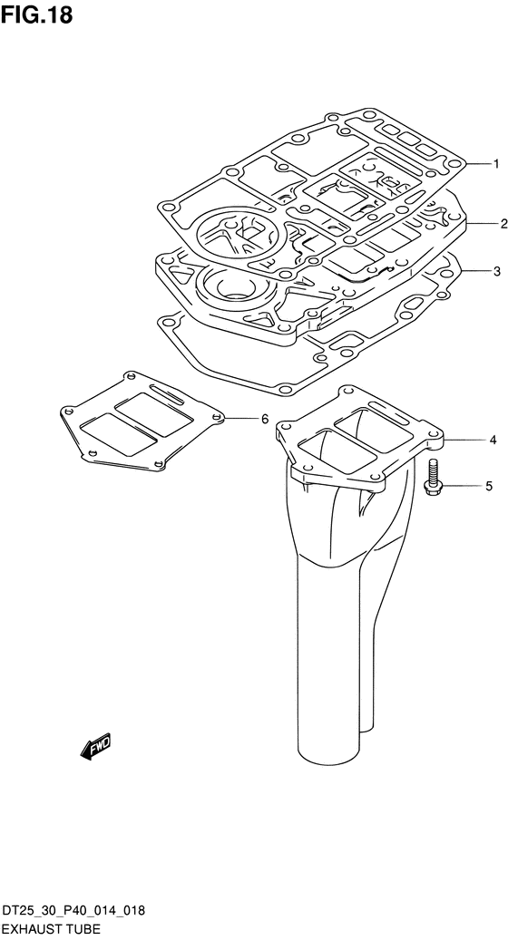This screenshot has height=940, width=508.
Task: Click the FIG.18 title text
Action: pyautogui.click(x=37, y=15)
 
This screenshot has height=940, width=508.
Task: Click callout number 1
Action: pyautogui.click(x=496, y=164)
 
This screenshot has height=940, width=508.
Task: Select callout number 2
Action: pyautogui.click(x=503, y=224)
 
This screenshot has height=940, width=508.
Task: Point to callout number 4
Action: pyautogui.click(x=493, y=440)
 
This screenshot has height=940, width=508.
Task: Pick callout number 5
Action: pyautogui.click(x=489, y=486)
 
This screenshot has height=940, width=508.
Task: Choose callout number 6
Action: pyautogui.click(x=265, y=419)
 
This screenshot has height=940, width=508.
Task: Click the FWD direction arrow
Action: pyautogui.click(x=95, y=747)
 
